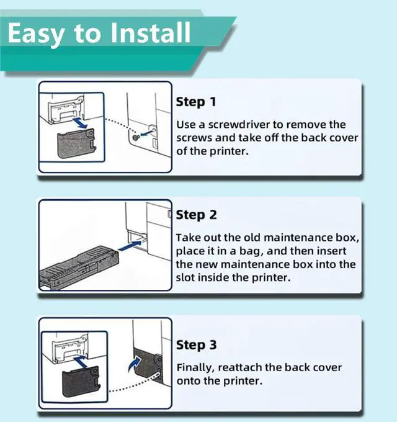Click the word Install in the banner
151,32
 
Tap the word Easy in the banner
36,34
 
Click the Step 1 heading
196,102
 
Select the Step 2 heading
196,215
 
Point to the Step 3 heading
197,345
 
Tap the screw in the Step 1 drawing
136,138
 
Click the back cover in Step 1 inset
76,143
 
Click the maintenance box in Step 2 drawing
79,268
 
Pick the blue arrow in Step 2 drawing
130,246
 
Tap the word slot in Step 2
185,277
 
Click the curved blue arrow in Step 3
135,364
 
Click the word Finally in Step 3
195,368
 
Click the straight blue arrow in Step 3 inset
81,361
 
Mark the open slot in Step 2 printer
138,238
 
